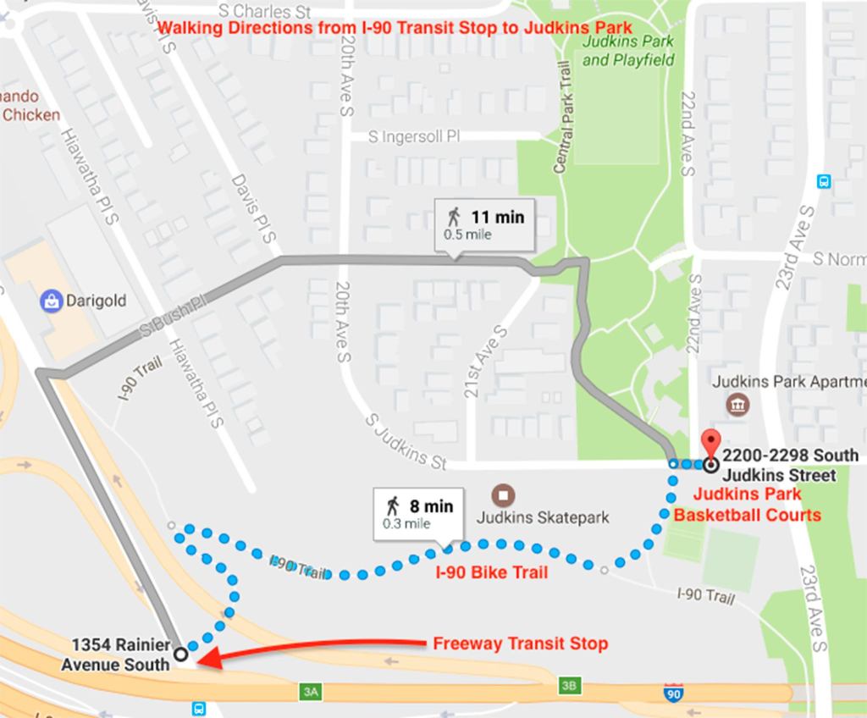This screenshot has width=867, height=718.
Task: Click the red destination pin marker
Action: tap(710, 442)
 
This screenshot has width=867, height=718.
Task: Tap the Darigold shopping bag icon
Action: tap(51, 300)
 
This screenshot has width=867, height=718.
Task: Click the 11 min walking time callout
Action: tap(485, 224)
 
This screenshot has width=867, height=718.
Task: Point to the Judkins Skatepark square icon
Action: tap(505, 494)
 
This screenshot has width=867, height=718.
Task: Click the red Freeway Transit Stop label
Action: tap(520, 643)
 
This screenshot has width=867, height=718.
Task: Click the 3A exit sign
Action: tap(311, 693)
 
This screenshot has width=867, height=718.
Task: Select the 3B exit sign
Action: tap(567, 683)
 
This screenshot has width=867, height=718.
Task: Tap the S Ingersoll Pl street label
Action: tap(414, 136)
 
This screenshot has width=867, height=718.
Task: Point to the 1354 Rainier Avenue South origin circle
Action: tap(179, 654)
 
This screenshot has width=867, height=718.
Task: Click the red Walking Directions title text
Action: tap(395, 29)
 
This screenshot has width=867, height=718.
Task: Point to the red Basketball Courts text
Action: tap(747, 515)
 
